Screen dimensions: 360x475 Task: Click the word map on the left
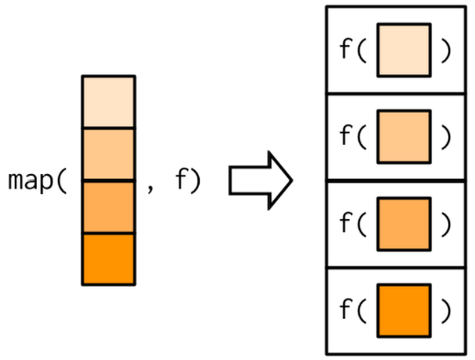[x=31, y=180]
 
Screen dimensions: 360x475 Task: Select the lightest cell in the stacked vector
[x=108, y=102]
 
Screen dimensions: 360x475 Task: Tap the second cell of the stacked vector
[x=108, y=154]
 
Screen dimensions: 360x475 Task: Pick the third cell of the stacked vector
[x=108, y=206]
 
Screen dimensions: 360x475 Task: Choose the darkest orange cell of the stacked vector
[x=108, y=258]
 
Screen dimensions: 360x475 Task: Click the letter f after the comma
[x=181, y=180]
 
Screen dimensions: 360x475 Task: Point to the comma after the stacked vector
[x=151, y=186]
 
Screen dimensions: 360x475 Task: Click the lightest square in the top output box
[x=403, y=50]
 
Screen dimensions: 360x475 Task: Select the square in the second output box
[x=403, y=136]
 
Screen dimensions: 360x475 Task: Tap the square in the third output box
[x=403, y=224]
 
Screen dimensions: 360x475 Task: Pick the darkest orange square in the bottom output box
[x=403, y=311]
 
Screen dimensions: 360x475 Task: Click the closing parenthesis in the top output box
[x=447, y=50]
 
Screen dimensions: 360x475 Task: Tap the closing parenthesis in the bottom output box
[x=447, y=311]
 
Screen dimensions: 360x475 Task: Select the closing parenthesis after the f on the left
[x=194, y=180]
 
